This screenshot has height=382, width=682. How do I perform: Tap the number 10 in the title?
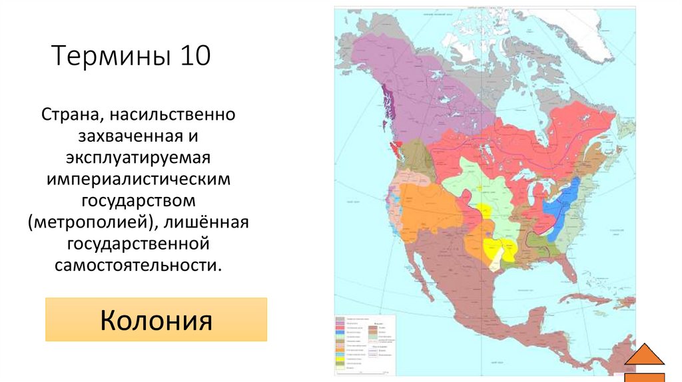pos(194,57)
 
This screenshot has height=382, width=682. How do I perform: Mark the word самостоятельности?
pos(139,264)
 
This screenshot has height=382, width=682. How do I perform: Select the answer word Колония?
pos(156,320)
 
